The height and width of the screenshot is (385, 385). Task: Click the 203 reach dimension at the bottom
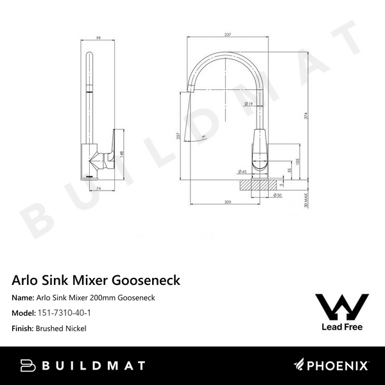click(x=228, y=203)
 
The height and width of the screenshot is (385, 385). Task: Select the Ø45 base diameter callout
click(x=243, y=171)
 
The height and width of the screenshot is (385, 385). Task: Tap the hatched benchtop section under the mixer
click(x=261, y=184)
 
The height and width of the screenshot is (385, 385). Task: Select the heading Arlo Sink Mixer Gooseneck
click(x=96, y=280)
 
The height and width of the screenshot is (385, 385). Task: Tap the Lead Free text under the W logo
click(x=341, y=327)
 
